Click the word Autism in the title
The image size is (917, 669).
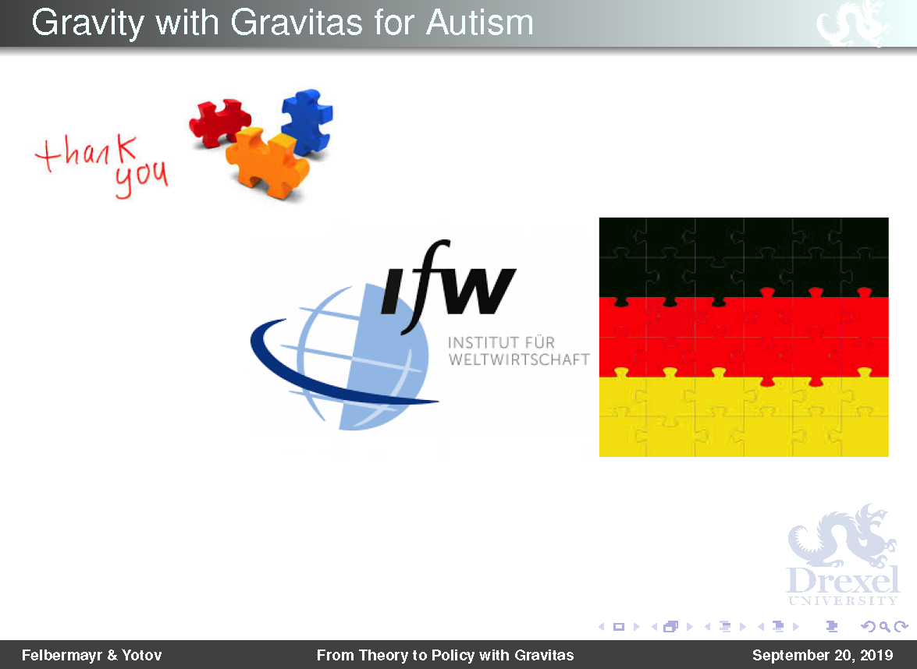tap(479, 23)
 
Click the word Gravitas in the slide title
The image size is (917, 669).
tap(297, 23)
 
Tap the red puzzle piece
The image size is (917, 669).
tap(219, 122)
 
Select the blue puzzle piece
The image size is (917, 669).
tap(307, 122)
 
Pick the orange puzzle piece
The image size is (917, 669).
tap(268, 162)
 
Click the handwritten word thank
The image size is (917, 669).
tap(87, 152)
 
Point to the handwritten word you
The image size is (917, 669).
tap(141, 179)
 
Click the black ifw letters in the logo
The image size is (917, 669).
tap(448, 286)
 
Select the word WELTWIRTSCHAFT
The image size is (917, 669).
tap(519, 359)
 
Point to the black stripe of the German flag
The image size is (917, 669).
tap(744, 257)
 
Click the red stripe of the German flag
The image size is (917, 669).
tap(744, 337)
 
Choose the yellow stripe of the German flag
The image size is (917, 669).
tap(744, 416)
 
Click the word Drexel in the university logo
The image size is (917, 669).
tap(843, 580)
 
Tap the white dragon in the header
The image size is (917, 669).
tap(853, 23)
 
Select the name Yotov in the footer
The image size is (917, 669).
tap(141, 655)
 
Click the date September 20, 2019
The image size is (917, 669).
tap(823, 655)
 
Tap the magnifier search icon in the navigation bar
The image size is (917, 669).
tap(885, 627)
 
